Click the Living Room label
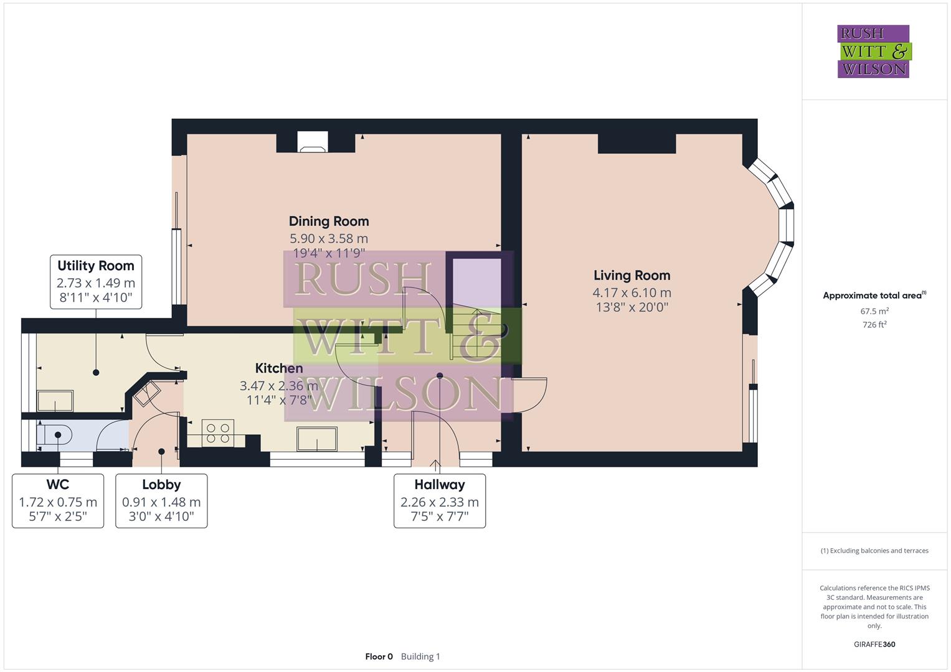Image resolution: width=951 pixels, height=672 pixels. click(x=632, y=275)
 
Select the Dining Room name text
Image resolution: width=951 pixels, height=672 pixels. click(x=329, y=221)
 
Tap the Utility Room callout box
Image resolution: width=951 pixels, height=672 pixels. click(x=96, y=281)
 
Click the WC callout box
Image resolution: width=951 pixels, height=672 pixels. click(x=58, y=501)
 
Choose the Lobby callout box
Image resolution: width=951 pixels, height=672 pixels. click(x=161, y=501)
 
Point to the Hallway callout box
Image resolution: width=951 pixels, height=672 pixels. click(x=440, y=501)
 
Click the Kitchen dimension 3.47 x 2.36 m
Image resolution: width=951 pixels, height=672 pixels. click(x=278, y=386)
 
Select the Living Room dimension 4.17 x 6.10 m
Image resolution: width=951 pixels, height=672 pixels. click(x=632, y=292)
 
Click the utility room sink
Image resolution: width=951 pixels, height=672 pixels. click(x=55, y=401)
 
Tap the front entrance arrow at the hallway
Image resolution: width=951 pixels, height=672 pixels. click(x=435, y=463)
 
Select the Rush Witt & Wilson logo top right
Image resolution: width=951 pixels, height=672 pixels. click(x=873, y=51)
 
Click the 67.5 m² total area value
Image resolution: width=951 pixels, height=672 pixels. click(x=874, y=311)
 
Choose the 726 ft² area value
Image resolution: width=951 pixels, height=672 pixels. click(x=874, y=325)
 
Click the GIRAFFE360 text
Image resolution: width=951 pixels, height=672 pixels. click(x=874, y=644)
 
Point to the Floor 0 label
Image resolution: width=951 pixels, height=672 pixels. click(x=379, y=656)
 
